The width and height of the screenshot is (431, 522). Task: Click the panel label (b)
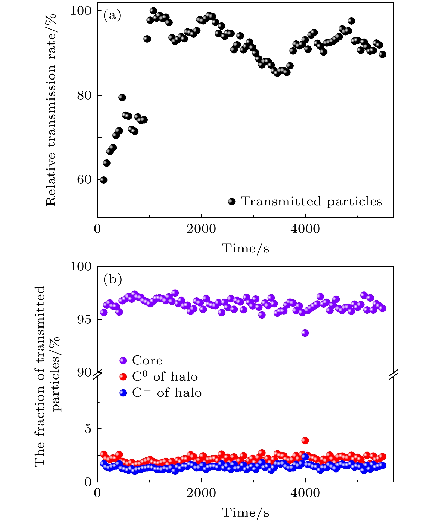tap(112, 279)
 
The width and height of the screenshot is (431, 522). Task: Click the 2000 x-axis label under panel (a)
tap(201, 229)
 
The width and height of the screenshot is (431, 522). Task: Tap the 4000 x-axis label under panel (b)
tap(305, 493)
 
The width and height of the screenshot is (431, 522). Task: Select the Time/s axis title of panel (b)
tap(245, 513)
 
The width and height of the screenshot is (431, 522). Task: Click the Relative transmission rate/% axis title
tap(51, 109)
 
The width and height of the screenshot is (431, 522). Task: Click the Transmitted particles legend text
tap(311, 202)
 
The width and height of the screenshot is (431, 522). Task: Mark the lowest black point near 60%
tap(103, 180)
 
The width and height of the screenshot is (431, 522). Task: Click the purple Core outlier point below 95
tap(305, 333)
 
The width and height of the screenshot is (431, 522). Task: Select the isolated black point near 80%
tap(122, 97)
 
